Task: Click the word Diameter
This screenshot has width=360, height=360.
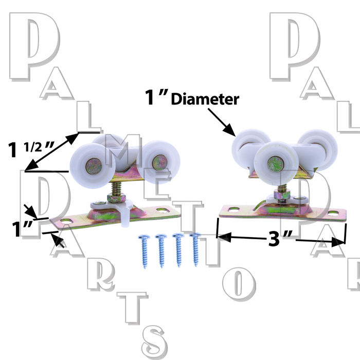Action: [x=205, y=99]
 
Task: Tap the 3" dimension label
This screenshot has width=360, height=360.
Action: [x=280, y=238]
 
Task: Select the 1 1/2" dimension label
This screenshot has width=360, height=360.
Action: [x=31, y=150]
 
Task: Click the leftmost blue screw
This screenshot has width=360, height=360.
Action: [x=145, y=251]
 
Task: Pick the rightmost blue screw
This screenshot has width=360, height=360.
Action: [x=195, y=249]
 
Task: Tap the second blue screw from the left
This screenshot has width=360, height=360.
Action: [x=161, y=251]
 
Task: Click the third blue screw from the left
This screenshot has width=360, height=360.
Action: [x=178, y=250]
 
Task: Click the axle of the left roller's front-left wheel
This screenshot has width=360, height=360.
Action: [x=94, y=166]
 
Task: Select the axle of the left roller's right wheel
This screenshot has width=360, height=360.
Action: [x=160, y=163]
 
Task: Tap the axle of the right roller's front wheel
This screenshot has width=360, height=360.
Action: [x=276, y=164]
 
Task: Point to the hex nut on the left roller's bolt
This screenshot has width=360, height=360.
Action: [x=116, y=198]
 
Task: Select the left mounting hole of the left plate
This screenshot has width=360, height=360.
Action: [x=66, y=221]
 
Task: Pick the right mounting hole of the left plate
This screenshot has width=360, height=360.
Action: [x=163, y=210]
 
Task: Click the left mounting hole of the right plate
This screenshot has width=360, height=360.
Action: [x=234, y=209]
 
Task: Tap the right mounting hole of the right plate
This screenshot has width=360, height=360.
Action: [x=333, y=213]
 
